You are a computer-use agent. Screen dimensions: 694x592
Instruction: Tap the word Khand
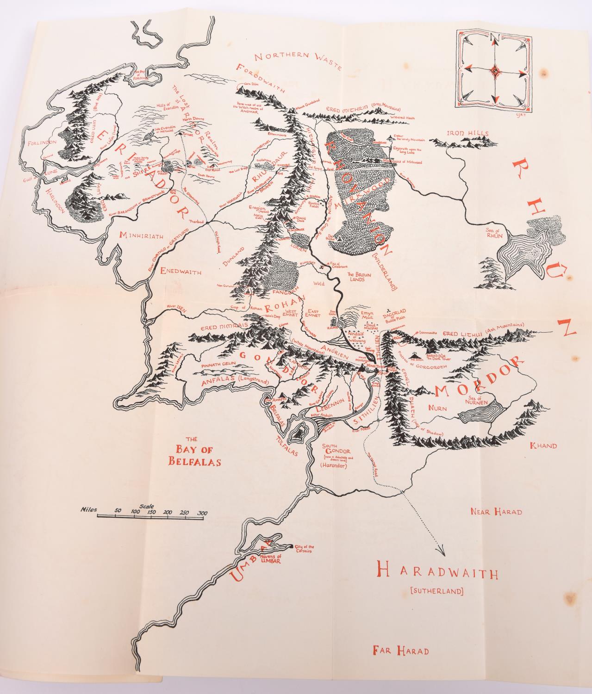tap(543, 446)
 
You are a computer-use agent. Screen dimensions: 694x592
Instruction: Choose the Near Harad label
tap(496, 511)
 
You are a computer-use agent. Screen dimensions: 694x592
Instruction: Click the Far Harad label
tap(401, 651)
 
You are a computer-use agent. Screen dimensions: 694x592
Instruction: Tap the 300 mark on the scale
tap(202, 513)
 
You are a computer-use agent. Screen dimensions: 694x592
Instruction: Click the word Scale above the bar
tap(147, 506)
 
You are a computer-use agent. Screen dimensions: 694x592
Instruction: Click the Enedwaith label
tap(181, 272)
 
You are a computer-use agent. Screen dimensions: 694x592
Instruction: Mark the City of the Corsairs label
tap(305, 550)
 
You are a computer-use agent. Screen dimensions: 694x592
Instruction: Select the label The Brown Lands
tap(357, 276)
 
